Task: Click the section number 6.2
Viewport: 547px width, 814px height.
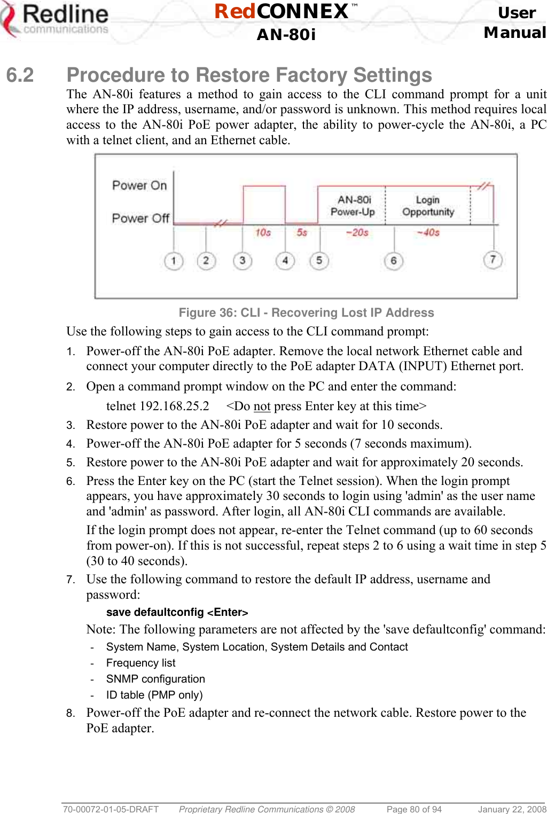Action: [x=20, y=75]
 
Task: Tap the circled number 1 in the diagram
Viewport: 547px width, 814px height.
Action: [x=174, y=261]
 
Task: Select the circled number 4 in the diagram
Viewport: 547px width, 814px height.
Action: [x=285, y=261]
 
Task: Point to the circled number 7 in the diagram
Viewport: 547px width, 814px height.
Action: [x=493, y=260]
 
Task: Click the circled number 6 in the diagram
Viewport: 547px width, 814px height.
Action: [x=393, y=261]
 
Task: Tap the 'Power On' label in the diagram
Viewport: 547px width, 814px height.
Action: [x=139, y=185]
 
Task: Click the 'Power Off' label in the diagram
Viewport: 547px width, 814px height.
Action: [x=140, y=218]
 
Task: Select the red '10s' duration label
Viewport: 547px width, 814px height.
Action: [x=263, y=232]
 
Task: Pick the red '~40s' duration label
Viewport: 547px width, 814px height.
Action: [x=428, y=232]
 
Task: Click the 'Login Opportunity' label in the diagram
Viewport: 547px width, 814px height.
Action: [x=428, y=206]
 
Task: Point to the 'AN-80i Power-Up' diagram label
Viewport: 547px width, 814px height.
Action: [x=353, y=206]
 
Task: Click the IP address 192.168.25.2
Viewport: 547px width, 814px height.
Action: [x=174, y=406]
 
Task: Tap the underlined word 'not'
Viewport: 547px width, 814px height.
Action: [x=262, y=406]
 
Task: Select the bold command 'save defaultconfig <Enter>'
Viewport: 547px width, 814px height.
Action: [x=177, y=612]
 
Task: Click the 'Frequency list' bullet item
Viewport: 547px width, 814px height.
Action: [x=140, y=663]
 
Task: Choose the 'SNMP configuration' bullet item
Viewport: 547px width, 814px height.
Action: [x=155, y=679]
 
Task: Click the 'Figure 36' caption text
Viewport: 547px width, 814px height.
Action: [x=306, y=312]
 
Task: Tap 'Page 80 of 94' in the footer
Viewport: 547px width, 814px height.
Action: [x=414, y=809]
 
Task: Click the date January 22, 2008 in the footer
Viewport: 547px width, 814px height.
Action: [x=512, y=809]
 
